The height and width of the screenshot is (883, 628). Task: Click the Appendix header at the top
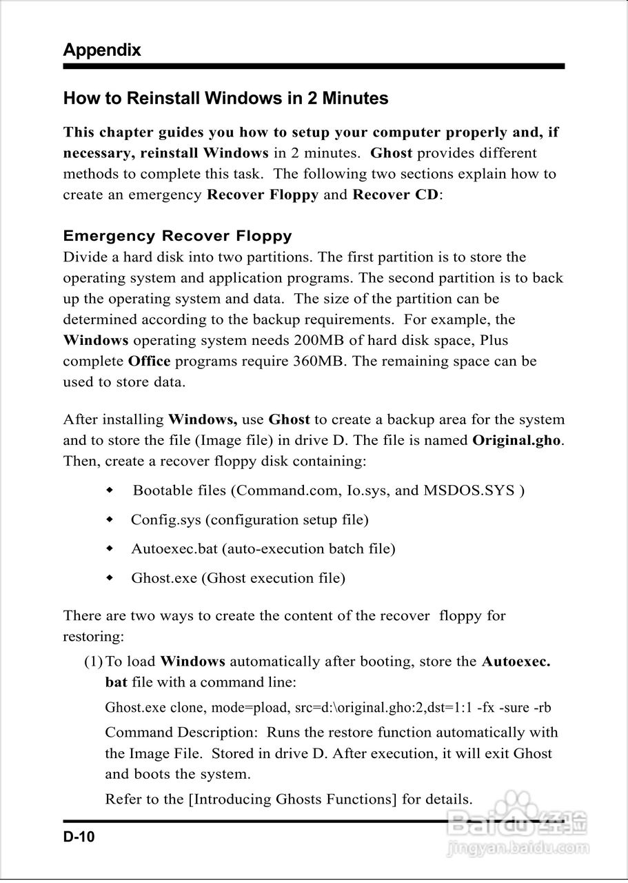tap(102, 50)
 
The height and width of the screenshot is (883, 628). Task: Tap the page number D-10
tap(79, 837)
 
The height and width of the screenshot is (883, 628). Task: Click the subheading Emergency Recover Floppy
tap(177, 236)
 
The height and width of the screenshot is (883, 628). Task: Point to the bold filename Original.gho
tap(516, 440)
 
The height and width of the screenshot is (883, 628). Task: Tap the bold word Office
tap(149, 361)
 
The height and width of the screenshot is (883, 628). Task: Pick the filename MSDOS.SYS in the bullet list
tap(469, 490)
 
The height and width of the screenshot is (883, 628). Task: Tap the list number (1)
tap(94, 662)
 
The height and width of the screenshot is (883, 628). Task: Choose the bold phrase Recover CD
tap(395, 195)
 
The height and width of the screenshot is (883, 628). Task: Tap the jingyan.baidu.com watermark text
tap(517, 847)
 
